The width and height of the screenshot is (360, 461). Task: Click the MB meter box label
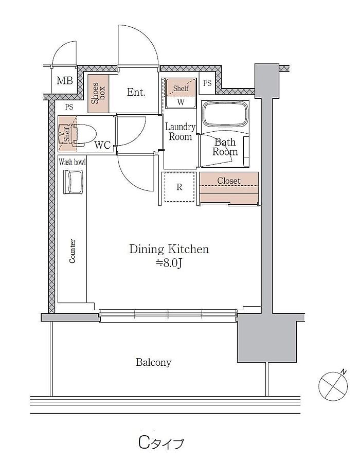tap(65, 80)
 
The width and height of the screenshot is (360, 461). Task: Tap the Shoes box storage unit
tap(98, 94)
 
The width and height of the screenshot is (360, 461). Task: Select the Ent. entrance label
tap(136, 92)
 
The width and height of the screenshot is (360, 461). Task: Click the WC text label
tap(102, 145)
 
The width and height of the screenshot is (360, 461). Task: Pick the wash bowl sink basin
tap(73, 182)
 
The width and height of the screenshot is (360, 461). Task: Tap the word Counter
tap(72, 251)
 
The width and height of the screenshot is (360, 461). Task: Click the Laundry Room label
tap(180, 132)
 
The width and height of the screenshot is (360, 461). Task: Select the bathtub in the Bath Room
tap(225, 114)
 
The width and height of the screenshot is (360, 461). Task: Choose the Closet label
tap(229, 181)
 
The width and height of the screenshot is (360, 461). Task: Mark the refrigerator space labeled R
tap(179, 187)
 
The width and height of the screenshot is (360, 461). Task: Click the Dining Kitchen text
tap(169, 249)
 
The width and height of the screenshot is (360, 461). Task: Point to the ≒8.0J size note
tap(168, 263)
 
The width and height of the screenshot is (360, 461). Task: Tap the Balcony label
tap(153, 362)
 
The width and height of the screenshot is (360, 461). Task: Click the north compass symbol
tap(333, 385)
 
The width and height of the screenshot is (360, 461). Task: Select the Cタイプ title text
tap(161, 443)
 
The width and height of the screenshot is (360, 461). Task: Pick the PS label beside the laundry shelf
tap(207, 83)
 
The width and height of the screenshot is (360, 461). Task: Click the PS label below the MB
tap(69, 107)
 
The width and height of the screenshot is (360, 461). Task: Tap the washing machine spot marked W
tap(181, 102)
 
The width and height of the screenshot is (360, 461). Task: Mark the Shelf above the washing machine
tap(181, 87)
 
